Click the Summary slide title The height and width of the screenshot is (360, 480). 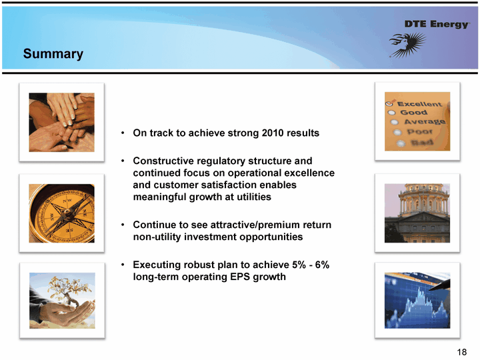(x=53, y=54)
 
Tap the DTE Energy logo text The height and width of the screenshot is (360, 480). (x=437, y=24)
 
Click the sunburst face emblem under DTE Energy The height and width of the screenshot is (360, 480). (x=408, y=45)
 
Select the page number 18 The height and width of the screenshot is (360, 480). (x=461, y=352)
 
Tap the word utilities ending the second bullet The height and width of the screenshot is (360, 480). (x=254, y=197)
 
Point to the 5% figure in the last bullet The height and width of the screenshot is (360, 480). (x=299, y=265)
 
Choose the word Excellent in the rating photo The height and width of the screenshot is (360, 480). (x=420, y=104)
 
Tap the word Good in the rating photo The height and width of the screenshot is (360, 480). (x=413, y=113)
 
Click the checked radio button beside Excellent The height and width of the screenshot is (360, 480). (x=389, y=103)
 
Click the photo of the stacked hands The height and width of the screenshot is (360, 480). (x=62, y=123)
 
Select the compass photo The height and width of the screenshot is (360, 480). (x=62, y=213)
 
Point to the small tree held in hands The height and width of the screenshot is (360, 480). (x=68, y=291)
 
